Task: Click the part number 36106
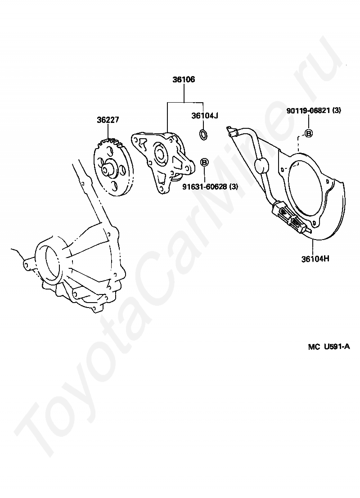[184, 80]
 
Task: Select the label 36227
[108, 120]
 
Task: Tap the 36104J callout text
[205, 116]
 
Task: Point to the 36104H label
[315, 259]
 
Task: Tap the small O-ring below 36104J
[203, 134]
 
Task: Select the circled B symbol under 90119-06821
[309, 133]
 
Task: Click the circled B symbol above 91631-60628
[204, 162]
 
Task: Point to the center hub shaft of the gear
[107, 171]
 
